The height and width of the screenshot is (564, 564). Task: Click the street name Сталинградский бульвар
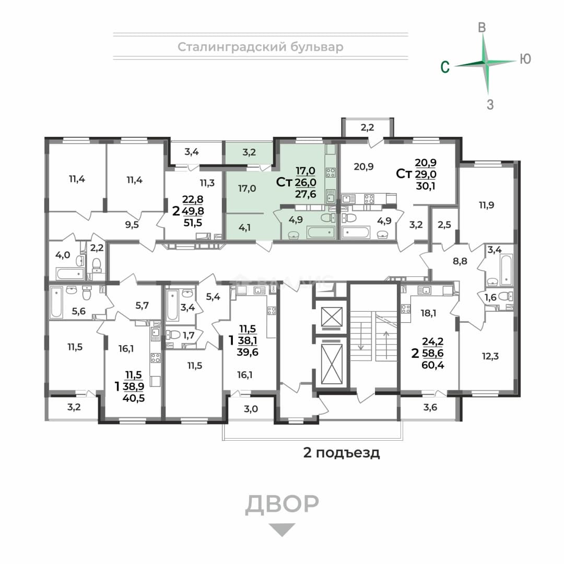261,47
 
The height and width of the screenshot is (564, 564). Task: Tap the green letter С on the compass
445,67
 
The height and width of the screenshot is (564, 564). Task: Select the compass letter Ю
525,59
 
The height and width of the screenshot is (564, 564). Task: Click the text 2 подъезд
342,452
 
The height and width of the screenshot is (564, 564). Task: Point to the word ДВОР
282,504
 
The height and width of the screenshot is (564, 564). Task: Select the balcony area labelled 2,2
367,127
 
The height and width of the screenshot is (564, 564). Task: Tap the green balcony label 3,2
249,152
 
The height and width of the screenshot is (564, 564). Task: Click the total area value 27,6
305,194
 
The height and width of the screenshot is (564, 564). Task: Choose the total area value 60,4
433,365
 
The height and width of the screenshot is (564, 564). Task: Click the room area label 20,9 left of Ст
363,167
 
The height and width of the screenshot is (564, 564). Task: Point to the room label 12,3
490,357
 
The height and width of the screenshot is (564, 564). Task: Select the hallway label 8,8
460,261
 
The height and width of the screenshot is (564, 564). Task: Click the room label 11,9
486,205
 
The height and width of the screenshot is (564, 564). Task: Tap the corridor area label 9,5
132,225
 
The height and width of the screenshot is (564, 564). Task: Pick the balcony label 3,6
430,407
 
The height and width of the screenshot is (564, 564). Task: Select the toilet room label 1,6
490,298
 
